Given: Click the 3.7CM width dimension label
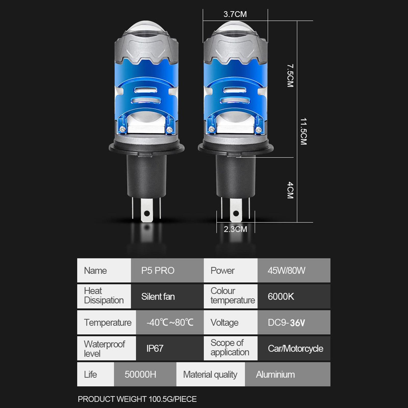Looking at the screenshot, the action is click(235, 14).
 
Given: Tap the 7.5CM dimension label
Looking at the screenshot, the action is click(290, 75).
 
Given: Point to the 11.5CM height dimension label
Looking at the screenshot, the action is click(303, 132).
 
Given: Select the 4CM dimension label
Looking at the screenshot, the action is click(290, 190).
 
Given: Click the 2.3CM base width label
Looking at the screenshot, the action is click(235, 229).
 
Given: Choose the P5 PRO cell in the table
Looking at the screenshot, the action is click(158, 271).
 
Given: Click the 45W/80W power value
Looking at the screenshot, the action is click(286, 271).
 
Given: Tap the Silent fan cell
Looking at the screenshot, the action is click(158, 297).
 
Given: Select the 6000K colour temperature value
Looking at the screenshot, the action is click(281, 297).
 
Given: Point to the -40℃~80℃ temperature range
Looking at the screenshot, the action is click(170, 323).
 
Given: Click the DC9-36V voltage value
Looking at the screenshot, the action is click(286, 323).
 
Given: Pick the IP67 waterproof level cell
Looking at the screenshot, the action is click(155, 349).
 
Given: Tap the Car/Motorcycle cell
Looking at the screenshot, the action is click(296, 349).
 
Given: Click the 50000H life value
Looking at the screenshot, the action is click(140, 375).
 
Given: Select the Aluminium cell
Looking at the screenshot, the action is click(275, 375).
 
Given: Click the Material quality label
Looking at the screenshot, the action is click(210, 375).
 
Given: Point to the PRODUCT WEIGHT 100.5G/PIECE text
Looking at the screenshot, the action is click(137, 399).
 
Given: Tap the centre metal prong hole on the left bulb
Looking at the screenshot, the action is click(147, 213).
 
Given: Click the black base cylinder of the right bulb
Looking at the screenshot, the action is click(236, 176).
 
